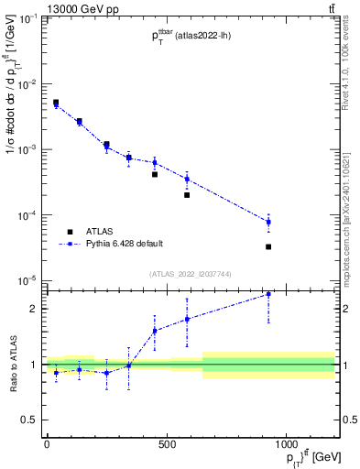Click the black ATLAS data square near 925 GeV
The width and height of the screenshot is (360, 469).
[268, 246]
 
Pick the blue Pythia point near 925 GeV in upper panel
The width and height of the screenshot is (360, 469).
[268, 222]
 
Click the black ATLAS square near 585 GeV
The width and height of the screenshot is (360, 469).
[187, 194]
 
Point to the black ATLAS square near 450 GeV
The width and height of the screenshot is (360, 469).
[155, 174]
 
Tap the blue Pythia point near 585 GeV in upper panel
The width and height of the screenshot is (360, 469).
[187, 179]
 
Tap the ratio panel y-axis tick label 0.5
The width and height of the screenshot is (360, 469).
[28, 420]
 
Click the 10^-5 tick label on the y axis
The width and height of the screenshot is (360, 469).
[24, 280]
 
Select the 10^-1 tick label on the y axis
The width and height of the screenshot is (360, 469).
[24, 18]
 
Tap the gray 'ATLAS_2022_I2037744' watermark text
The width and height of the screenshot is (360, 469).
[189, 274]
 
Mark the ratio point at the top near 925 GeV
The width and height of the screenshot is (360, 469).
[268, 294]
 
